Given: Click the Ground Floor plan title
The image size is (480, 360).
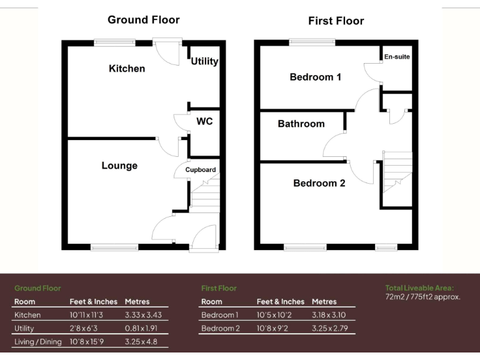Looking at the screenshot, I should [x=143, y=19].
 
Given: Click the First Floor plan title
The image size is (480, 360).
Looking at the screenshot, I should [x=336, y=21].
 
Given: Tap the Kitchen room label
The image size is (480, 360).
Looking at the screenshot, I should [x=127, y=68].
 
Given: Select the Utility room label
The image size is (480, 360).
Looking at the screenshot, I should [x=204, y=61].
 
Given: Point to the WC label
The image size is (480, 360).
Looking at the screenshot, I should [x=204, y=121].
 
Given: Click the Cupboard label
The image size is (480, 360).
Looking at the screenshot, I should [x=200, y=169].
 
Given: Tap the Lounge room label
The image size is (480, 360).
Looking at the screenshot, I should [x=119, y=166].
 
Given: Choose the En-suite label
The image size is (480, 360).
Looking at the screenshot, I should [x=397, y=57].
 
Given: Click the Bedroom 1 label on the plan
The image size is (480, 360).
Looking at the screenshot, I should [x=315, y=77].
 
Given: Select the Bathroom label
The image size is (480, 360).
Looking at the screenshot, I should [x=301, y=124].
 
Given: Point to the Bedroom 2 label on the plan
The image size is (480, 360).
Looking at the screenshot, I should [x=319, y=183].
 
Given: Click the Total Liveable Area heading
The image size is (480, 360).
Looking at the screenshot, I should [x=419, y=287].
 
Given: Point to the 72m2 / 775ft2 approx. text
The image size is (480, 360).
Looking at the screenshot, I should [x=422, y=297].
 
